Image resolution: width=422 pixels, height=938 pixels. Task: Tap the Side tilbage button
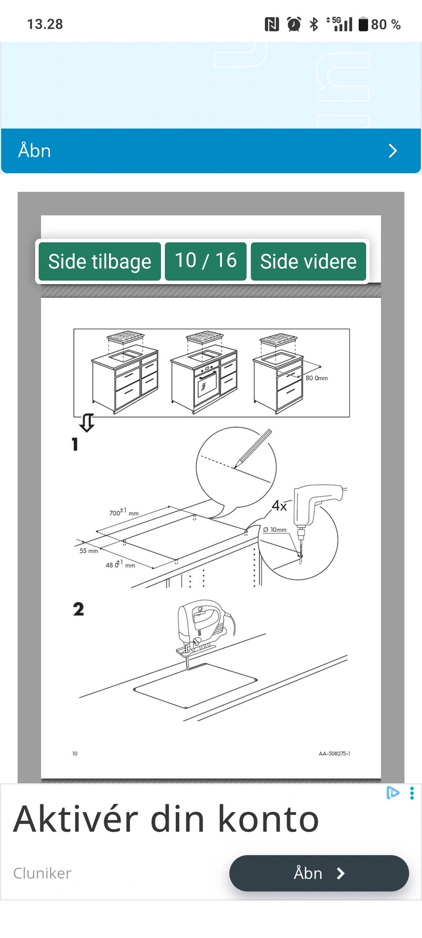tap(99, 261)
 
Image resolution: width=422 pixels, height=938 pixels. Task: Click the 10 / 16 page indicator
tap(205, 261)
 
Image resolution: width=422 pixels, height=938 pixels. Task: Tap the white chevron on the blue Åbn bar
tap(393, 151)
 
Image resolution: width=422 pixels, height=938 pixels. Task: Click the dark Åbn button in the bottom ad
tap(319, 873)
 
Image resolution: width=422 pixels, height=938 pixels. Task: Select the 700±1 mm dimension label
tap(124, 512)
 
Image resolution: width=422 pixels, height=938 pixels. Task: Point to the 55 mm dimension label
tap(88, 551)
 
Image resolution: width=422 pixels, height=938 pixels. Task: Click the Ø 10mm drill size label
tap(275, 529)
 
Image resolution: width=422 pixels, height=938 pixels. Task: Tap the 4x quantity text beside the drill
tap(279, 506)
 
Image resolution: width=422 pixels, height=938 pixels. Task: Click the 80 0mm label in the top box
tap(316, 378)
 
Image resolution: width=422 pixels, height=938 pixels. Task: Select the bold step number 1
tap(75, 444)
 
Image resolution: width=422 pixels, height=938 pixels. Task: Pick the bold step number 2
tap(78, 609)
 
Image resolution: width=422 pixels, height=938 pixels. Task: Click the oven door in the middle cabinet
tap(206, 386)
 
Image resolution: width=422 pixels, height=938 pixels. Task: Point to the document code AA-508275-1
tap(334, 753)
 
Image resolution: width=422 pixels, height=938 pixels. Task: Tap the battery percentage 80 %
tap(385, 24)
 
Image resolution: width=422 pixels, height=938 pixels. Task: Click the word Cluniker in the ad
tap(42, 873)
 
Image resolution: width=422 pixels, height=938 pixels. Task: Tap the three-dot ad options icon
tap(411, 793)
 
